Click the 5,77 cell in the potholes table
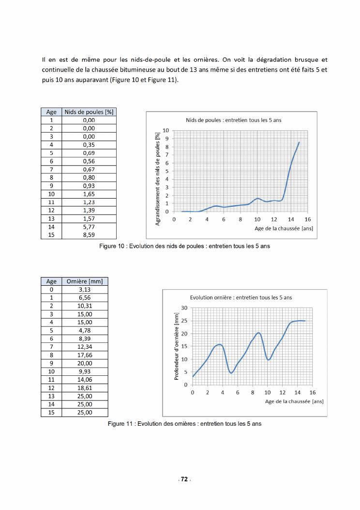[89, 226]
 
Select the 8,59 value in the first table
[89, 234]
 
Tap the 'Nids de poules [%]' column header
[89, 112]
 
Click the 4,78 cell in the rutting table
[85, 330]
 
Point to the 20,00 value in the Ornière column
[85, 363]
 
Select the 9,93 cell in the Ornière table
[85, 371]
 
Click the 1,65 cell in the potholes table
[89, 194]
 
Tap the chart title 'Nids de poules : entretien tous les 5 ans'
[234, 120]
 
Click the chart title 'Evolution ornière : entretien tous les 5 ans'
[241, 297]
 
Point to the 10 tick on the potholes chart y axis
[165, 130]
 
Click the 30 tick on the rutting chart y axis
[184, 308]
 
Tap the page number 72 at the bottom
[184, 479]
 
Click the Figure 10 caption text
[184, 246]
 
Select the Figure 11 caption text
[184, 423]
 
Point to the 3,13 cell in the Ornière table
[85, 290]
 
